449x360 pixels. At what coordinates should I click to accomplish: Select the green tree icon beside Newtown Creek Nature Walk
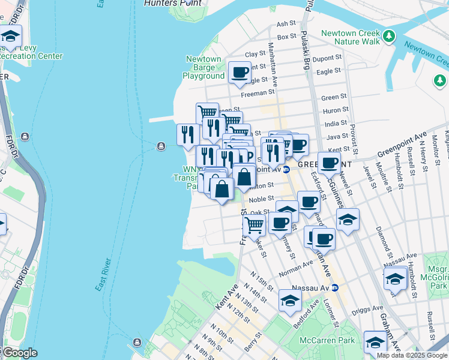pyautogui.click(x=390, y=37)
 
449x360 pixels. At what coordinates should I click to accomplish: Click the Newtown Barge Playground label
pyautogui.click(x=203, y=67)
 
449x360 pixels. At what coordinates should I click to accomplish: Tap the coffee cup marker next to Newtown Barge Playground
pyautogui.click(x=240, y=73)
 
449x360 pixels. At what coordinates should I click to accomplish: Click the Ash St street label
pyautogui.click(x=286, y=24)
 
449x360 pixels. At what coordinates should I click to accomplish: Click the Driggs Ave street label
pyautogui.click(x=370, y=308)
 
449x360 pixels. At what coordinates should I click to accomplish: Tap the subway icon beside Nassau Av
pyautogui.click(x=336, y=288)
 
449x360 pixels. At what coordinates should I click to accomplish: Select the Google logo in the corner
pyautogui.click(x=19, y=352)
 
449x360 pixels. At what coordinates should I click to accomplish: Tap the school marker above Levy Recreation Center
pyautogui.click(x=11, y=37)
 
